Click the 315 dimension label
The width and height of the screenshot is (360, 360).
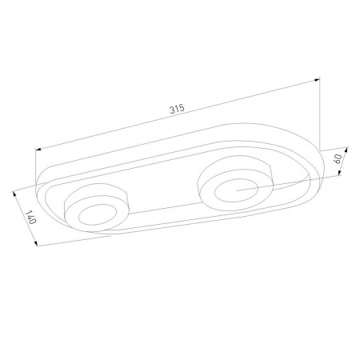tap(177, 109)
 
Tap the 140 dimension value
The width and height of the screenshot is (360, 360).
tap(30, 218)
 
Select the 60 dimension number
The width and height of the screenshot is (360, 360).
tap(338, 159)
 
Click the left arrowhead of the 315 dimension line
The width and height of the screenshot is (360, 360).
tap(38, 150)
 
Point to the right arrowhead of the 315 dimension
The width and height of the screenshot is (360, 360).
tap(317, 79)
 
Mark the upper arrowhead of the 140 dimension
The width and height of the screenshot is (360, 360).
tap(14, 194)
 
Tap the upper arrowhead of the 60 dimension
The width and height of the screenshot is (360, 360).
tap(347, 150)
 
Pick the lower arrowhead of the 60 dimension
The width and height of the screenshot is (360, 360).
tap(339, 173)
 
